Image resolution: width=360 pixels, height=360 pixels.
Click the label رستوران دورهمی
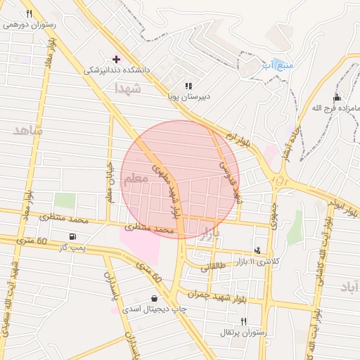click(x=30, y=24)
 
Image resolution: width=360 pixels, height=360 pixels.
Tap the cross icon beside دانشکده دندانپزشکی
click(x=116, y=59)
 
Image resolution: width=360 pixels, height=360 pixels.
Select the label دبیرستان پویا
click(x=188, y=95)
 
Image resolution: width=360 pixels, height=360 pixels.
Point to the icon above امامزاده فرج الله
click(x=337, y=97)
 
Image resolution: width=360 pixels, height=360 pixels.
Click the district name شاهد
click(x=27, y=131)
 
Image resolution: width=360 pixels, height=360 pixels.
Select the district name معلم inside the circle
click(x=136, y=179)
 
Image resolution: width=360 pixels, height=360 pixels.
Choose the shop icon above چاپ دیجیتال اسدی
click(x=154, y=298)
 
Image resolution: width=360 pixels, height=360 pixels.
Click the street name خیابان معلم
click(x=109, y=186)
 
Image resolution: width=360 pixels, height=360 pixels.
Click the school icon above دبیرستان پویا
click(x=188, y=85)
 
